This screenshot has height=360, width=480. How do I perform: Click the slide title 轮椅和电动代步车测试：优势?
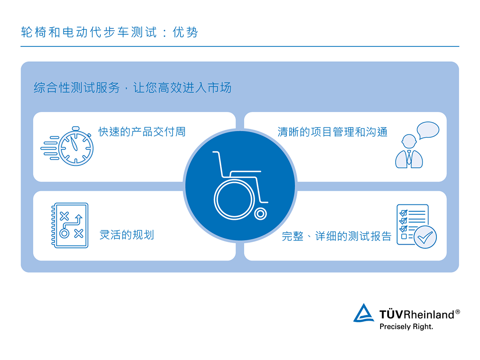tap(110, 32)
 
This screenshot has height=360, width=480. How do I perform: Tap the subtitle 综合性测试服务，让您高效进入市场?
tap(132, 88)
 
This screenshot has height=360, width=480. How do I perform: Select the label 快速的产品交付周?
tap(142, 132)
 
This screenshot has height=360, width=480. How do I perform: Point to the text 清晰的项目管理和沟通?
tap(332, 132)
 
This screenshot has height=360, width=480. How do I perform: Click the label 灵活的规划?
tap(127, 235)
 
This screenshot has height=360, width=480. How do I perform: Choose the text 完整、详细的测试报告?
tap(336, 236)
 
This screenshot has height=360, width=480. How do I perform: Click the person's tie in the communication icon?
tap(409, 157)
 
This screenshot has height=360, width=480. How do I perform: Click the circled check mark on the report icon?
tap(426, 237)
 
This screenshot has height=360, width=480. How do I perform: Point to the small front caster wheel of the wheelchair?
tap(261, 214)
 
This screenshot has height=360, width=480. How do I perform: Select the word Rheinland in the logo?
tap(429, 315)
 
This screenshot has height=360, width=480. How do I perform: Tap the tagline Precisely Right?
tap(406, 327)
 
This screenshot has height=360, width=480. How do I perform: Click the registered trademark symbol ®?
tap(457, 311)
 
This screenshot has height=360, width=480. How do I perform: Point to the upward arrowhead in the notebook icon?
tap(80, 217)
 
